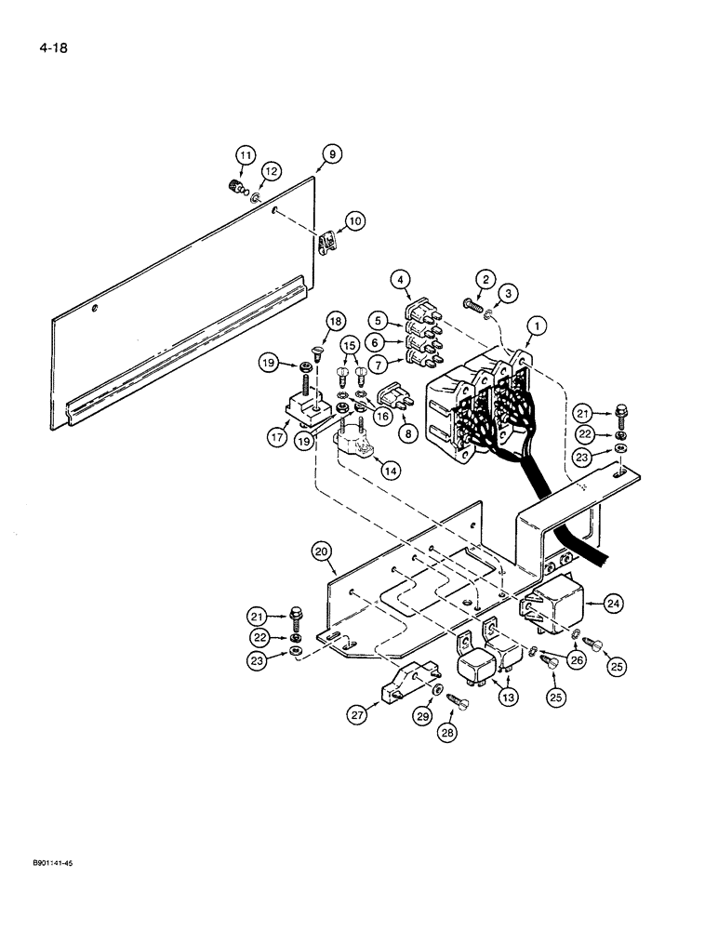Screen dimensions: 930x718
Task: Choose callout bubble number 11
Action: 244,155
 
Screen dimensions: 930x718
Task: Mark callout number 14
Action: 389,471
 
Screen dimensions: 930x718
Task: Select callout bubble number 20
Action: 323,551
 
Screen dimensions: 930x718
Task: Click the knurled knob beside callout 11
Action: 235,187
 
